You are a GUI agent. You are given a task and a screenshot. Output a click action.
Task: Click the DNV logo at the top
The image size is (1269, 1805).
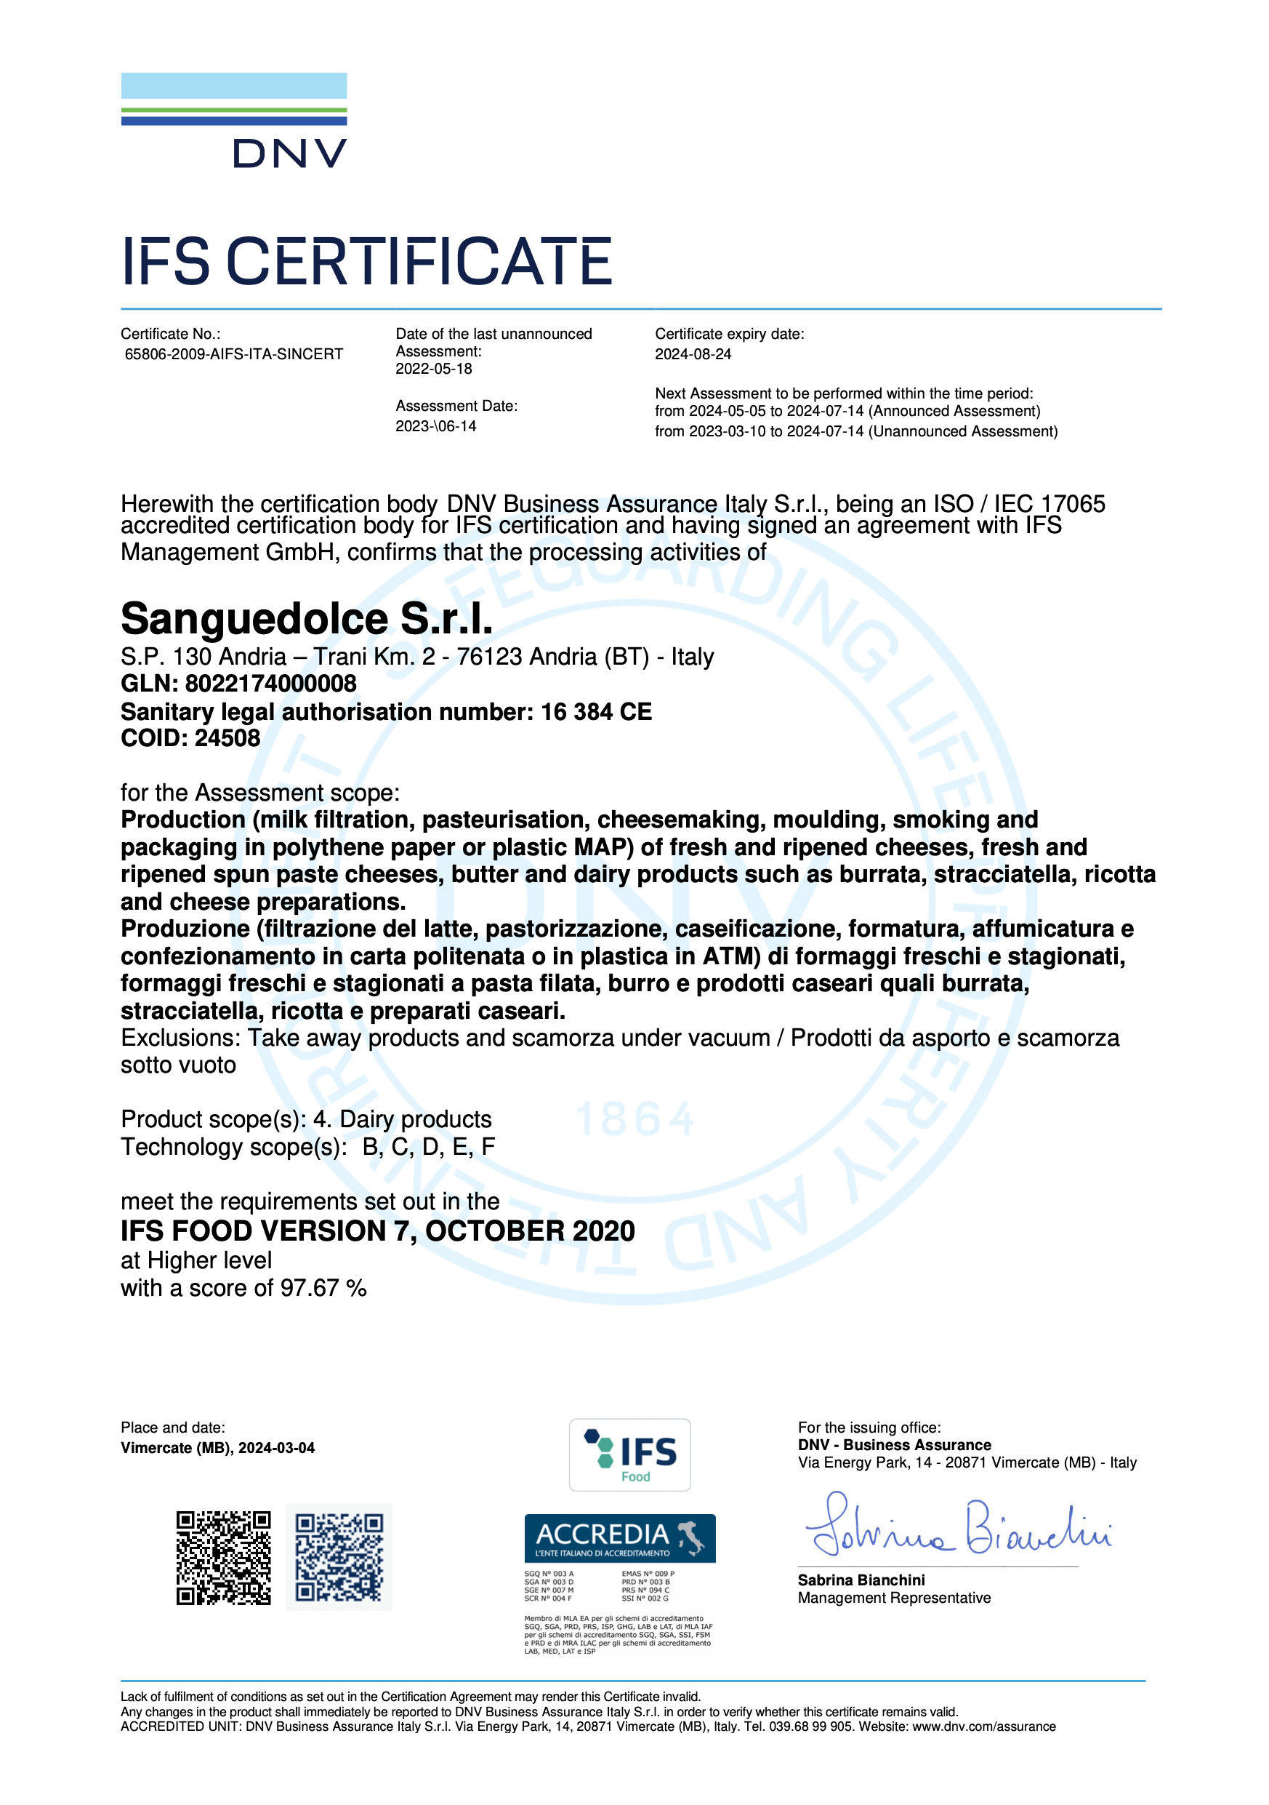coord(234,122)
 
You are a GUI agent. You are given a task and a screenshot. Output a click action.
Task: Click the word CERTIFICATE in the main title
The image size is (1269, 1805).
coord(419,262)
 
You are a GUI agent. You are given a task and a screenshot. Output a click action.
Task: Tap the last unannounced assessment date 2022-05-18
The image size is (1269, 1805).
coord(434,369)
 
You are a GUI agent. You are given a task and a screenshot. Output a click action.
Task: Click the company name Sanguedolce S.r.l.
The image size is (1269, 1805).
coord(307,620)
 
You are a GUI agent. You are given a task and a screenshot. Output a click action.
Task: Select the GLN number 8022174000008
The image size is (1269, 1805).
coord(270,684)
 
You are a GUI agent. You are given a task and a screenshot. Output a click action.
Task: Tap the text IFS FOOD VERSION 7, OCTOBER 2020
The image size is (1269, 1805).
coord(377,1231)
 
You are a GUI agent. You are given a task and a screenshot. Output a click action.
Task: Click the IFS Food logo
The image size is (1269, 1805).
coord(629,1455)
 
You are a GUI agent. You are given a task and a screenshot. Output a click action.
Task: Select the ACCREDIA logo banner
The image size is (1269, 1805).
coord(619,1537)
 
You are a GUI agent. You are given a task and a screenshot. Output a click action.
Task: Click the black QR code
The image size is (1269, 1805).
coord(223,1557)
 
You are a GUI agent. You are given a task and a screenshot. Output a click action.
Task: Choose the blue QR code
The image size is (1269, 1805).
coord(339,1557)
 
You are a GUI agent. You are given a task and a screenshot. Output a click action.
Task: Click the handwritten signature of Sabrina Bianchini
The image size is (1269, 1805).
coord(958,1529)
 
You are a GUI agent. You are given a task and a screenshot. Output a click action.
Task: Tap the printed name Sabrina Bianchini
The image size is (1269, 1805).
coord(861,1580)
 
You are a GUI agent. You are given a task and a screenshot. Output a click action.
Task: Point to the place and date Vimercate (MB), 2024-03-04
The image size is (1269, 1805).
coord(217,1448)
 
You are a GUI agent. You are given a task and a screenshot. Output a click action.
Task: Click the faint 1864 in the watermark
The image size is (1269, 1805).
coord(635,1119)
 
